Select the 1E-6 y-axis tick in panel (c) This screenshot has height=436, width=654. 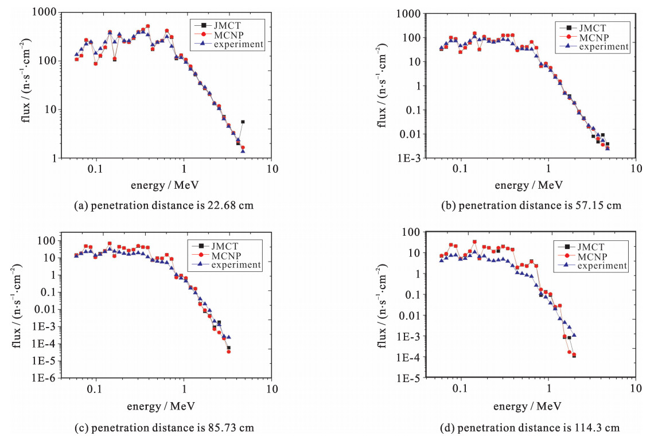pos(52,379)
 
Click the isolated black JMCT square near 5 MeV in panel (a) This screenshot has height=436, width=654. pos(243,122)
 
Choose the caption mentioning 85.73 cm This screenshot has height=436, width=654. pos(163,427)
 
